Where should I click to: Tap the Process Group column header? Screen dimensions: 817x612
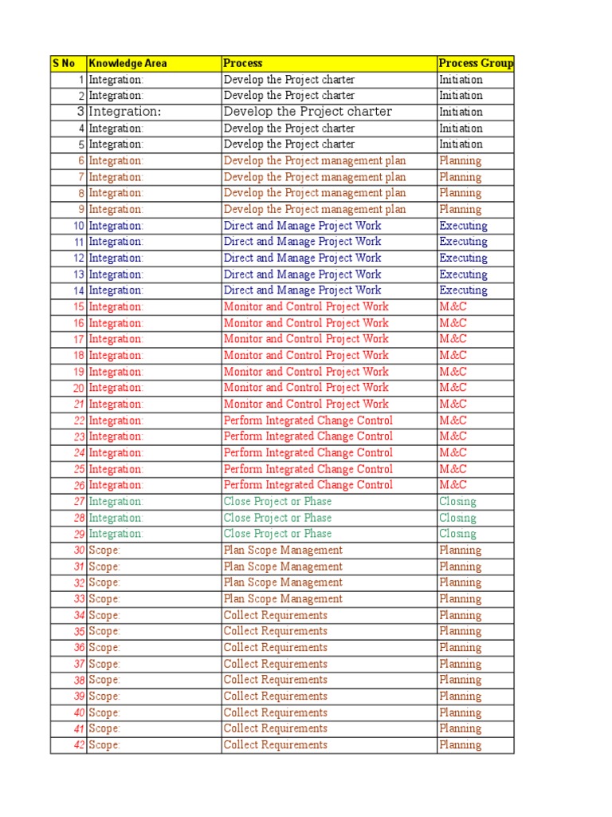coord(476,63)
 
